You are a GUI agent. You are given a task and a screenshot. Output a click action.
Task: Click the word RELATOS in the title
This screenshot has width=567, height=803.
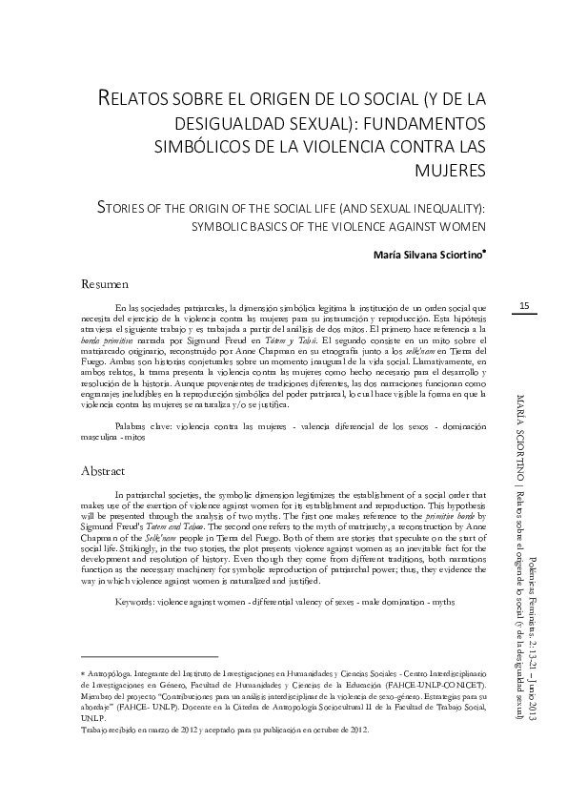click(134, 98)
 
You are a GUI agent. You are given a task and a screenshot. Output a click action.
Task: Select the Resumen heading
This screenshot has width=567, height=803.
click(104, 284)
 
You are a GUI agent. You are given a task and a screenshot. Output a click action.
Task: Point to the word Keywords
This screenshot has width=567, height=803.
click(141, 603)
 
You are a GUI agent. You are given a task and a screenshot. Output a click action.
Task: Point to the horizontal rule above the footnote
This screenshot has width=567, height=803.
click(149, 656)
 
